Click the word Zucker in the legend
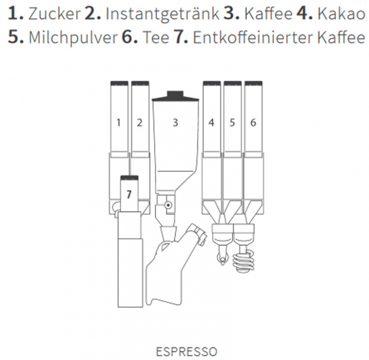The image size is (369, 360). point(54,14)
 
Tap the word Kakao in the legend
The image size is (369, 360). point(341,14)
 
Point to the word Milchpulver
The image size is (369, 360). point(73,38)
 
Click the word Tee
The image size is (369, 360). point(156,37)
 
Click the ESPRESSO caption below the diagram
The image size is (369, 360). point(186,352)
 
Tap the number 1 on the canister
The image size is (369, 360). point(119,123)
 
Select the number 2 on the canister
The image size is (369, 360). point(140,123)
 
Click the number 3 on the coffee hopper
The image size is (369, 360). point(175,123)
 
